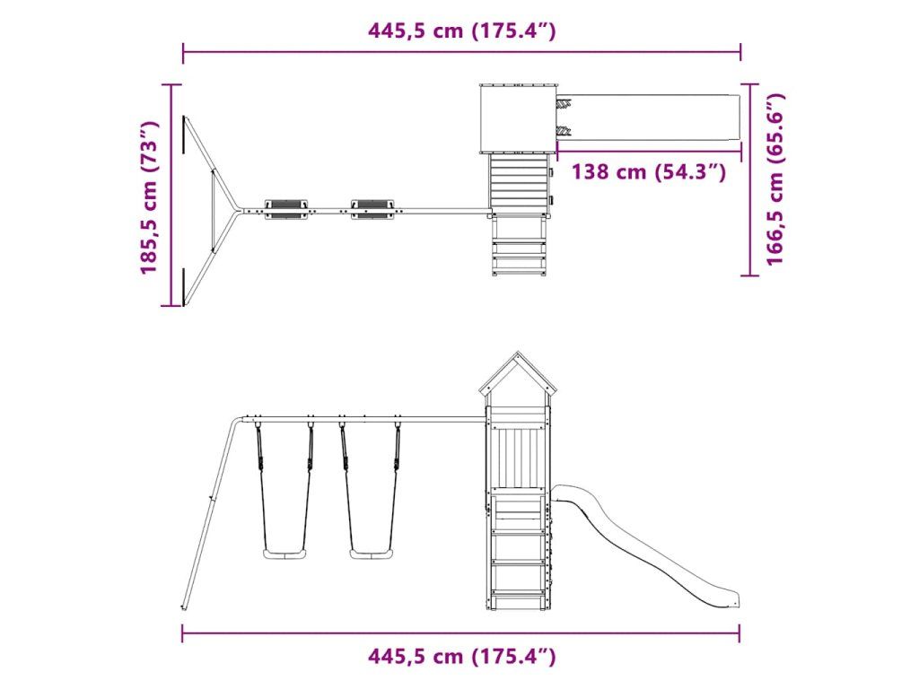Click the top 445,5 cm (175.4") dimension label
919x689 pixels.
pyautogui.click(x=462, y=31)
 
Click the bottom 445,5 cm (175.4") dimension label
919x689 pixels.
pyautogui.click(x=462, y=656)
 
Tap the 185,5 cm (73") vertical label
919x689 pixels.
pyautogui.click(x=150, y=197)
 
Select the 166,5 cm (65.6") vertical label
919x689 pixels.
pyautogui.click(x=775, y=179)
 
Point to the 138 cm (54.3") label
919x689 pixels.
pyautogui.click(x=649, y=171)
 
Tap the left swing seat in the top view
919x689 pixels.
pyautogui.click(x=285, y=209)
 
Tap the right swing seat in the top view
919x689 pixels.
pyautogui.click(x=372, y=209)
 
